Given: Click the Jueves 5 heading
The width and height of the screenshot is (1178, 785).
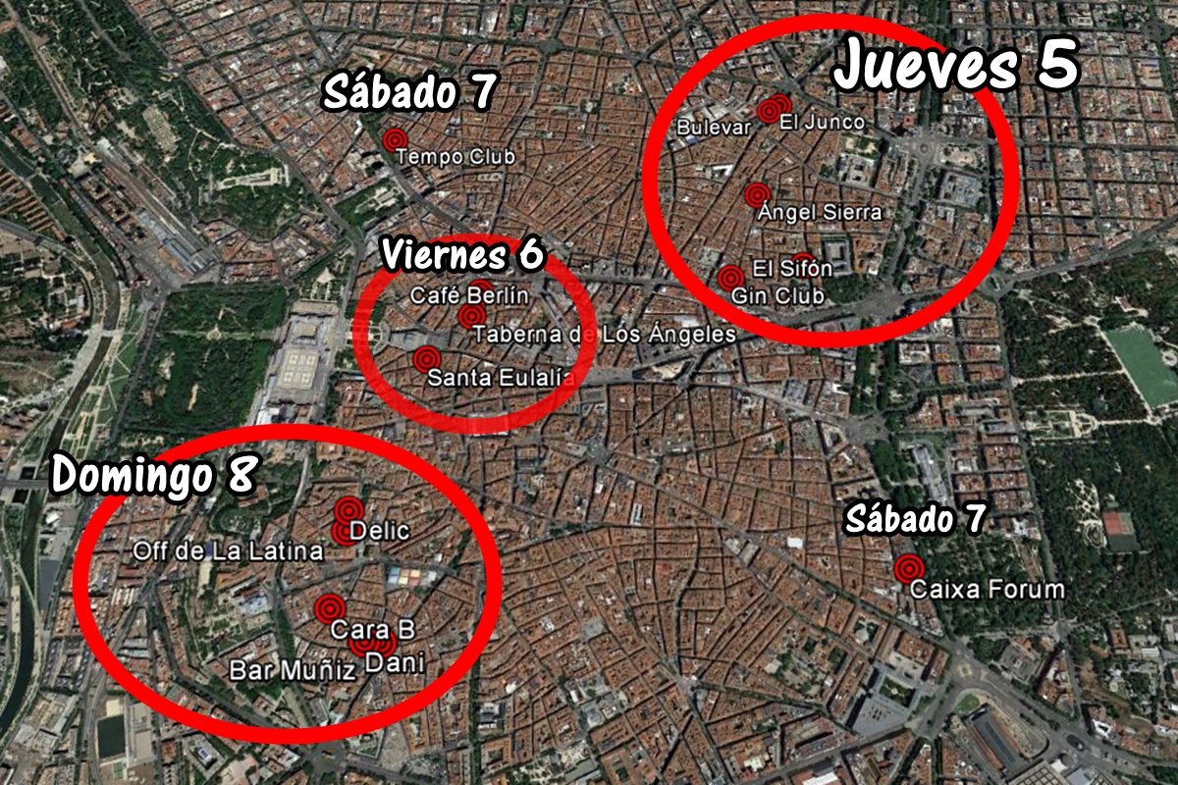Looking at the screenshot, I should tap(957, 65).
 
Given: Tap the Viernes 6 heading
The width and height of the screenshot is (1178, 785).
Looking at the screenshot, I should tap(462, 255).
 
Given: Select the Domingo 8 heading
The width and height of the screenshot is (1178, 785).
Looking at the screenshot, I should tap(154, 475).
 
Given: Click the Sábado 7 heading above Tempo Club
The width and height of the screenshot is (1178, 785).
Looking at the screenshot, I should tap(409, 93).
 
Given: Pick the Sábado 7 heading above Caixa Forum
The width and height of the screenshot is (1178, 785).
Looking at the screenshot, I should tap(915, 519).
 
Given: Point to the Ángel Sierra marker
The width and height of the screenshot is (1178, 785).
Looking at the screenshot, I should tap(755, 195).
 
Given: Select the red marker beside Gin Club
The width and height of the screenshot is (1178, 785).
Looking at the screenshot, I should tap(729, 279).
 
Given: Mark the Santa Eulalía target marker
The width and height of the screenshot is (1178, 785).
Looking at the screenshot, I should tap(424, 358).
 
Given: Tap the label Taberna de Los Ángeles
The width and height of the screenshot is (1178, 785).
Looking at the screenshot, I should tap(604, 335).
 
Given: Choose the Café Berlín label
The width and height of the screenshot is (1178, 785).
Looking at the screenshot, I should tap(469, 295).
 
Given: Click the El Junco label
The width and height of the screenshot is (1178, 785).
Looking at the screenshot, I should tap(822, 123).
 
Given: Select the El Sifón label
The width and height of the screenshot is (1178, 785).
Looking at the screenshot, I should tap(792, 268).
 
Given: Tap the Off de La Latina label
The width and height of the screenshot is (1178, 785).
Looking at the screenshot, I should tap(228, 551).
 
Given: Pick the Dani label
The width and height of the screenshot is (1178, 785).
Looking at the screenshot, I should tap(395, 663).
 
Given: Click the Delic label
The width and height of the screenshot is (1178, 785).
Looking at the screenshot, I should tap(379, 530).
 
